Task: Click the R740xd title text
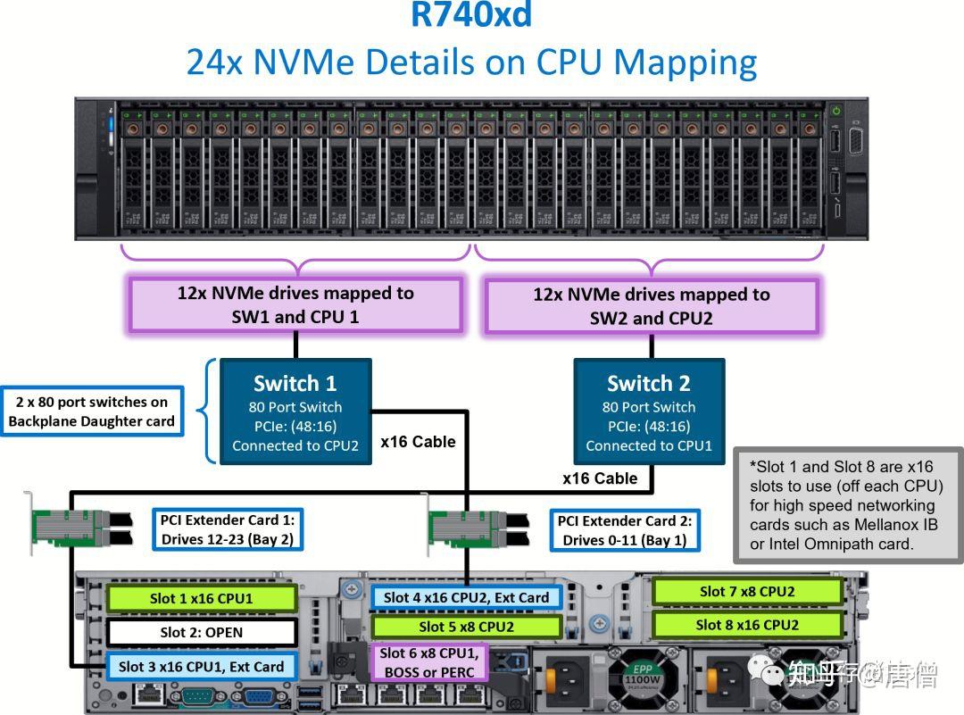[x=471, y=15]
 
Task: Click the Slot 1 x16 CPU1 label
[x=201, y=599]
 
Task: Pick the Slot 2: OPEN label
[x=201, y=633]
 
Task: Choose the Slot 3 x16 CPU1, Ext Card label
[x=201, y=667]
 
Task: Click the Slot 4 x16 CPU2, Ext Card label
[x=466, y=597]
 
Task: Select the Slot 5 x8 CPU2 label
[x=466, y=627]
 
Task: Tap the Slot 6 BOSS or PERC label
[x=430, y=662]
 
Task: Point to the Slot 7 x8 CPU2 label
[x=747, y=591]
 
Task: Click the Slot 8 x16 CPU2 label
[x=747, y=625]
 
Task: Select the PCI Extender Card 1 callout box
[x=227, y=529]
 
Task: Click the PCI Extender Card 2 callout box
[x=624, y=530]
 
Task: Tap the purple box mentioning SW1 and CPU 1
[x=295, y=305]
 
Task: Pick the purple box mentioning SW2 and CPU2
[x=651, y=306]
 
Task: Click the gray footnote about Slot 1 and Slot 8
[x=846, y=505]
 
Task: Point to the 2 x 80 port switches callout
[x=92, y=412]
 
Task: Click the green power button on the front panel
[x=836, y=111]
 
